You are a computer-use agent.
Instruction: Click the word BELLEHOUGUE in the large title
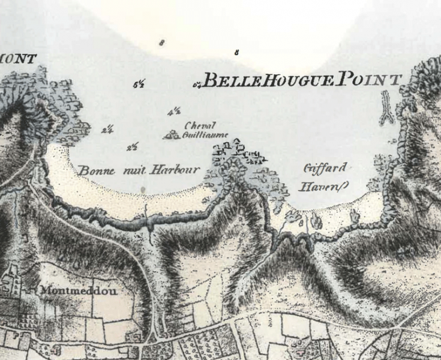click(268, 81)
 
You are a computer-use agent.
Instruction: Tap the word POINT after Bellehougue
click(368, 79)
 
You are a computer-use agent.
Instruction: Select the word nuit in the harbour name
click(135, 170)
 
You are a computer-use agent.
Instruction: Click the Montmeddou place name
click(79, 291)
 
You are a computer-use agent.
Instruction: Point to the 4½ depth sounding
click(175, 111)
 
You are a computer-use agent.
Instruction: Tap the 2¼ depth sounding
click(108, 129)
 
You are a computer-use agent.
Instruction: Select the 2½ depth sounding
click(133, 147)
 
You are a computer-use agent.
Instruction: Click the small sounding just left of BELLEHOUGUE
click(196, 85)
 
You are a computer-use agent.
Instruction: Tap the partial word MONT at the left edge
click(19, 58)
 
